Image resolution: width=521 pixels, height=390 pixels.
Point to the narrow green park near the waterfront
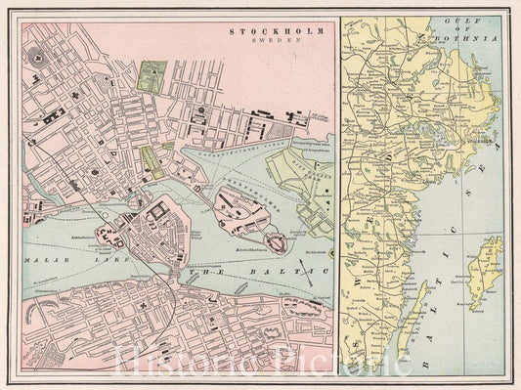tap(150, 162)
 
